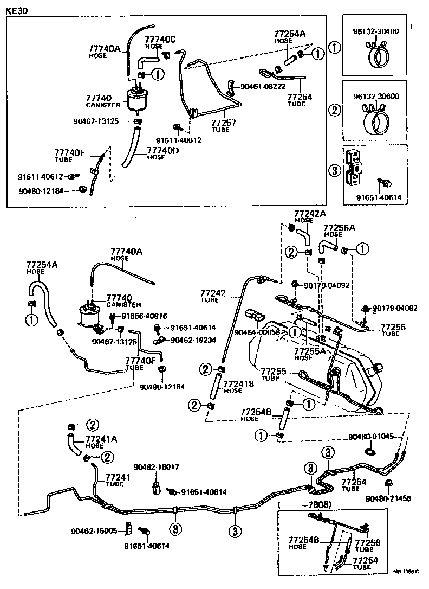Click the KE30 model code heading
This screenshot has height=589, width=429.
coord(16,10)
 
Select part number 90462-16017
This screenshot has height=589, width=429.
coord(157,466)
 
